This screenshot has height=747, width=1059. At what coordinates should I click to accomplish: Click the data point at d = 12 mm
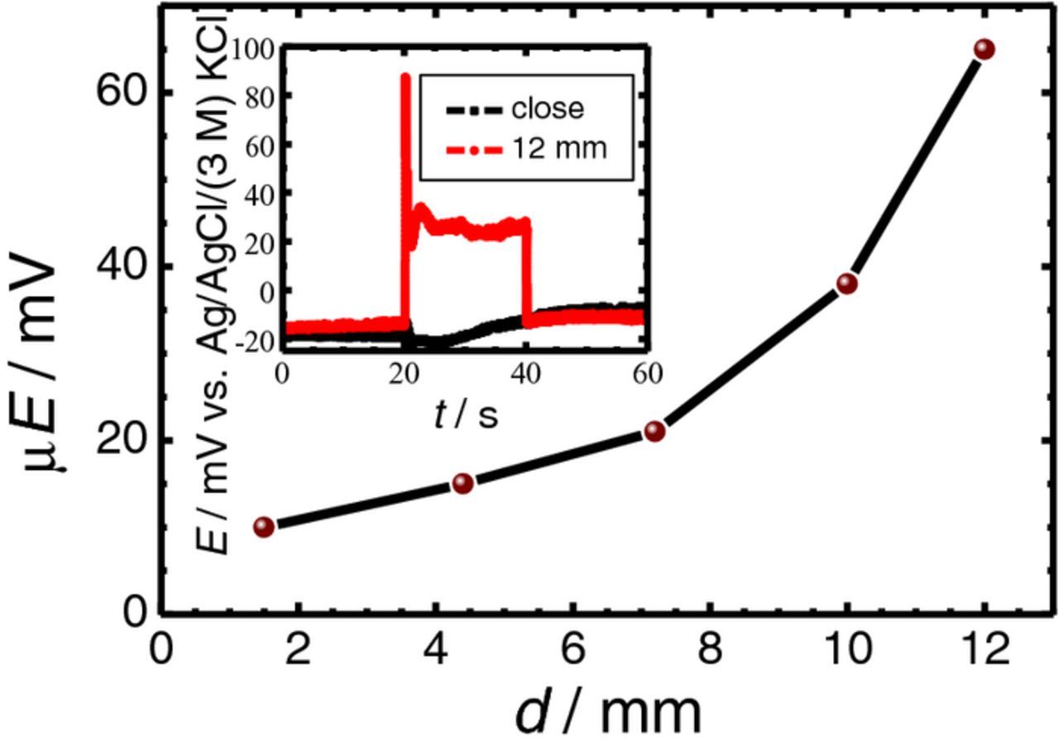984,49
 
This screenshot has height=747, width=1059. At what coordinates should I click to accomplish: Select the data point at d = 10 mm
846,284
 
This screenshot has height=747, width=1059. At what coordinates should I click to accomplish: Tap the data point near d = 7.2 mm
654,431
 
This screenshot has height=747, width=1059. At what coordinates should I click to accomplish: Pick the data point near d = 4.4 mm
462,483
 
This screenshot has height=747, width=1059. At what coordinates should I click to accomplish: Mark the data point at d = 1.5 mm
264,527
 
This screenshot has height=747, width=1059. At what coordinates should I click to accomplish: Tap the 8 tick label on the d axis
709,649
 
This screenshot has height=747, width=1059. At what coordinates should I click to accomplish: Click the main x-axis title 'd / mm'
608,713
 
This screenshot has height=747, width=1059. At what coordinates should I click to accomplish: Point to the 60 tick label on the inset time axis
647,374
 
